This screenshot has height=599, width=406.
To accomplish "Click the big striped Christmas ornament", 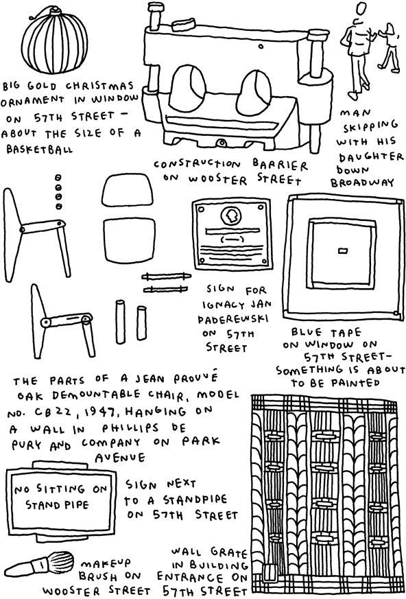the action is click(x=54, y=41).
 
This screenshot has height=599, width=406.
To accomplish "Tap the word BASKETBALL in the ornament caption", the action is click(x=39, y=150).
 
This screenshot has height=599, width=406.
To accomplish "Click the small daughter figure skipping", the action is click(x=388, y=46).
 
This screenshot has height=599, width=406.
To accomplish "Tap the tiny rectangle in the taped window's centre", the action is click(x=344, y=251).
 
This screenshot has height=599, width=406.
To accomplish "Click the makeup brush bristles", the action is click(x=62, y=561).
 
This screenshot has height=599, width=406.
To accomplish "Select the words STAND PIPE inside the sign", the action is click(x=57, y=506).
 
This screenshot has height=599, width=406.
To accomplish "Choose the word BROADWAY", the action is click(x=362, y=183).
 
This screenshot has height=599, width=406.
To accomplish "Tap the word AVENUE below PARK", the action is click(x=120, y=457).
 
